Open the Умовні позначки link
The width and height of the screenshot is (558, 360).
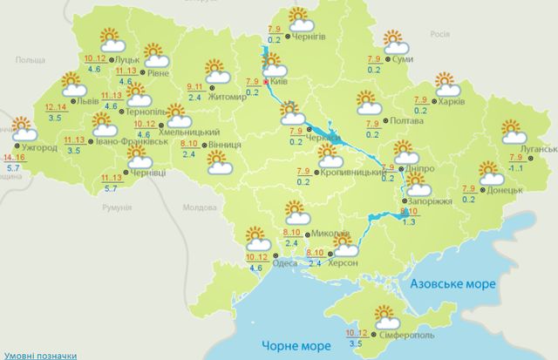coord(38,355)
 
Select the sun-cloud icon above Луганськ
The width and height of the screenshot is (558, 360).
coord(515,132)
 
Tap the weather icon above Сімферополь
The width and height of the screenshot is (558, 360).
coord(384,316)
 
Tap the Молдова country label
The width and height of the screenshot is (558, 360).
coord(200,207)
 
